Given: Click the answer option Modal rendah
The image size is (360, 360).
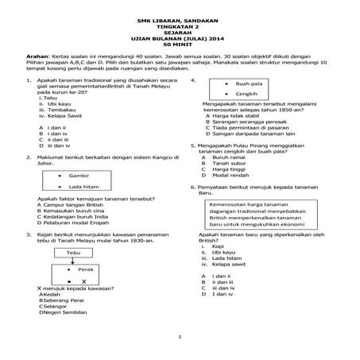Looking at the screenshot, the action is click(x=229, y=176).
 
